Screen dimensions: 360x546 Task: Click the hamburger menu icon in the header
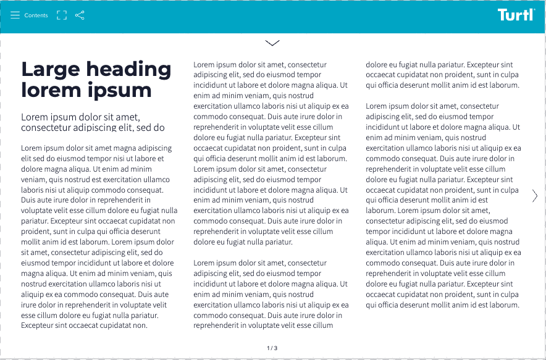(15, 15)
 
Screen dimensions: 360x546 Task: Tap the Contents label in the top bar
(36, 15)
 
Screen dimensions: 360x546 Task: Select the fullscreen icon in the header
(62, 15)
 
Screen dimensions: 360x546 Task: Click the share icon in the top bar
(80, 15)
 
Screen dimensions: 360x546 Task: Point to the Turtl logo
(516, 15)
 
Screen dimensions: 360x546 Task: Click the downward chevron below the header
(272, 43)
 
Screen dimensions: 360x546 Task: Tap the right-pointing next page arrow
(535, 196)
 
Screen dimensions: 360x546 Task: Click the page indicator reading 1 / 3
(272, 348)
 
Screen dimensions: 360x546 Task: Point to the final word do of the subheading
(159, 128)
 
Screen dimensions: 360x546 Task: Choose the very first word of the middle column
(204, 64)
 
